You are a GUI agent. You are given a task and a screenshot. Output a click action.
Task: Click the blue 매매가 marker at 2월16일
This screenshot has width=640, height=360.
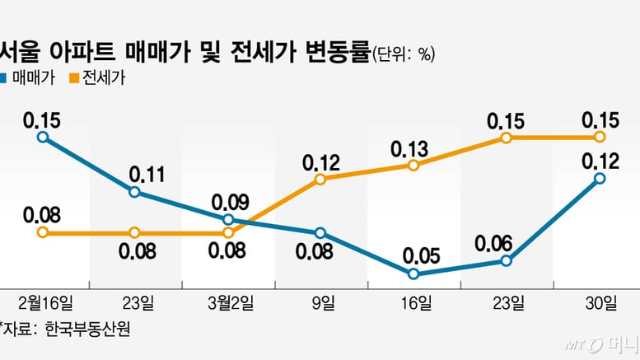pyautogui.click(x=42, y=138)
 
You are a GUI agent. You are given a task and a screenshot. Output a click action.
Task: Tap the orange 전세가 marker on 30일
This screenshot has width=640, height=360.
pyautogui.click(x=600, y=137)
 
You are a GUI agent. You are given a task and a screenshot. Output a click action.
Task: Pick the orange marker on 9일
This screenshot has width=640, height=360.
pyautogui.click(x=320, y=179)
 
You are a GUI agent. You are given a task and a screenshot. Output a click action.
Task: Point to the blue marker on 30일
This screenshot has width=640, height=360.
pyautogui.click(x=600, y=178)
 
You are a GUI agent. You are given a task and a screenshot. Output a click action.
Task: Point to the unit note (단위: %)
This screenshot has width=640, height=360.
pyautogui.click(x=403, y=54)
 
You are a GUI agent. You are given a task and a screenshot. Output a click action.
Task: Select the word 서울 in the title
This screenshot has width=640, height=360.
pyautogui.click(x=17, y=53)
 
